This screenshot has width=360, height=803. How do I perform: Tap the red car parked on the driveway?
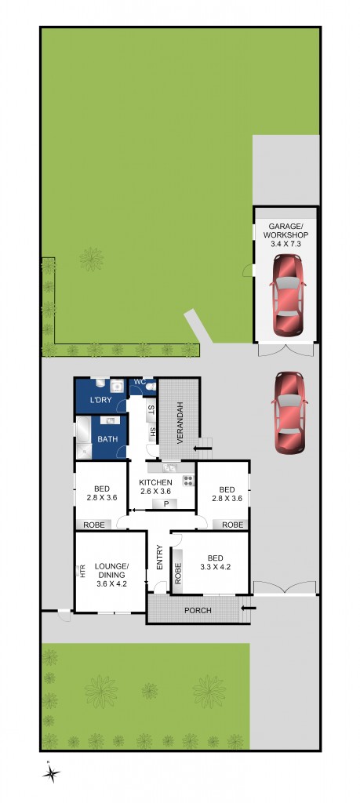click(x=289, y=412)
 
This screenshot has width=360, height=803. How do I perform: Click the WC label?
click(x=140, y=382)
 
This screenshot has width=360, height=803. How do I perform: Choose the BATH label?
click(x=107, y=439)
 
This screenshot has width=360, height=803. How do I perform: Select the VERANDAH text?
click(x=179, y=423)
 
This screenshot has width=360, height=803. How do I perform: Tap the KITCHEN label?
click(x=155, y=481)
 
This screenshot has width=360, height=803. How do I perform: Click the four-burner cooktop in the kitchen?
click(x=187, y=480)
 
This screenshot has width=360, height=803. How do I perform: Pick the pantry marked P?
click(x=166, y=503)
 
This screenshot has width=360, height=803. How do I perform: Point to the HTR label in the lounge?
click(x=81, y=571)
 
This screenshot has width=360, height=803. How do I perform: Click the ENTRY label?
click(x=159, y=558)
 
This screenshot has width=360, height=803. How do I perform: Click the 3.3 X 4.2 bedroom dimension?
click(x=215, y=566)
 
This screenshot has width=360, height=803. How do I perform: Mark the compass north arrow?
click(x=51, y=772)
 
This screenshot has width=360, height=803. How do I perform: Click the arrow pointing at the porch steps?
click(x=248, y=607)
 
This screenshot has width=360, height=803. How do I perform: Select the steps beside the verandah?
click(x=203, y=449)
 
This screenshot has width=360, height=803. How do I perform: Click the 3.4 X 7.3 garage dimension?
click(x=285, y=245)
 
